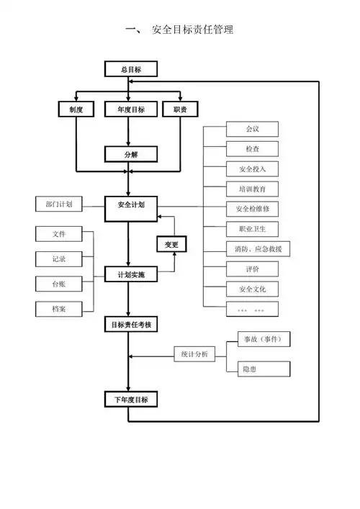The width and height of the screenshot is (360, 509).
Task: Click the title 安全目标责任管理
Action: click(x=192, y=30)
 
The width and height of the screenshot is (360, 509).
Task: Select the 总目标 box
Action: click(x=130, y=69)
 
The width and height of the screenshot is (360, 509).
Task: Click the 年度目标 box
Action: click(x=130, y=109)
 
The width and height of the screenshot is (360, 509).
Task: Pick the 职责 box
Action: click(x=180, y=109)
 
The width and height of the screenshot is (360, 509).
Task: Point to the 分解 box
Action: click(x=130, y=154)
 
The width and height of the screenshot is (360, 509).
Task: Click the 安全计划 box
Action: click(x=130, y=205)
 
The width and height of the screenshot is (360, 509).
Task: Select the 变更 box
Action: click(x=171, y=245)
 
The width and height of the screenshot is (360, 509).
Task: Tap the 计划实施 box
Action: click(x=130, y=274)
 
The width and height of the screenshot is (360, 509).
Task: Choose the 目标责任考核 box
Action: click(x=130, y=324)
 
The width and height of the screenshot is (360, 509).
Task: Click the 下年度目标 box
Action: click(x=130, y=399)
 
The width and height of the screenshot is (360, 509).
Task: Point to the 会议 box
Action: click(x=252, y=130)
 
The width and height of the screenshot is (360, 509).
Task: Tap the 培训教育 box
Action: click(x=252, y=189)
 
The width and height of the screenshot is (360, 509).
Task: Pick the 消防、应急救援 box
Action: click(x=252, y=249)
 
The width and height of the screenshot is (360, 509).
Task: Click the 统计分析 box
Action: click(x=194, y=354)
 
